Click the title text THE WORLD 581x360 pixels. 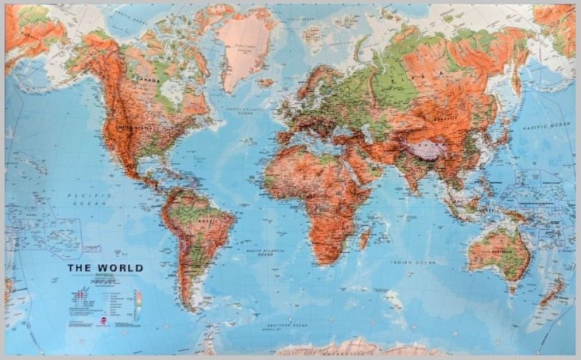[105, 268]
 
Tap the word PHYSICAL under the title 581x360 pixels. [105, 276]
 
